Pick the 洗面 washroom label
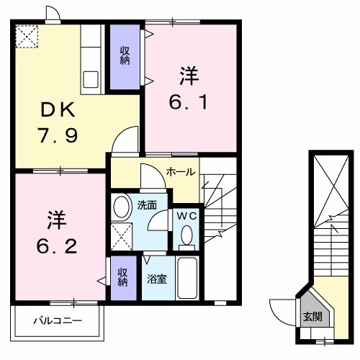pos(148,204)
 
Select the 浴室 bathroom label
pos(157,277)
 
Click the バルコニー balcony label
pos(58,320)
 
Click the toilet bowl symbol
pos(186,235)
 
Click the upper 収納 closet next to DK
pos(125,56)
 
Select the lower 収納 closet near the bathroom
pos(122,277)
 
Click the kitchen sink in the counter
pos(93,78)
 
